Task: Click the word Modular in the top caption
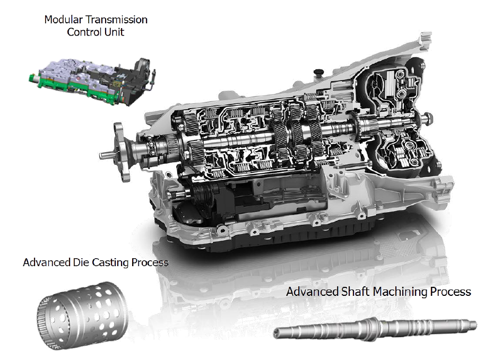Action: pos(64,20)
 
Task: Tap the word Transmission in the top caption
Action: pos(117,20)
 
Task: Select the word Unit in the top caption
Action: pos(114,32)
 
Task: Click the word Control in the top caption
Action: pos(84,32)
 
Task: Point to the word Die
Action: pos(81,262)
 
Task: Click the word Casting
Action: pos(110,263)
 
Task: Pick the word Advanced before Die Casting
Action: pos(47,262)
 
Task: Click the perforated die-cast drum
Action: pos(82,315)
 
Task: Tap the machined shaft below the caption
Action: pos(375,329)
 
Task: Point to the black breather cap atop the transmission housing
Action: pos(318,73)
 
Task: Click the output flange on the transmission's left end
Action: pos(121,152)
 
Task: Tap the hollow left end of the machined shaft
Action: pos(276,332)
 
